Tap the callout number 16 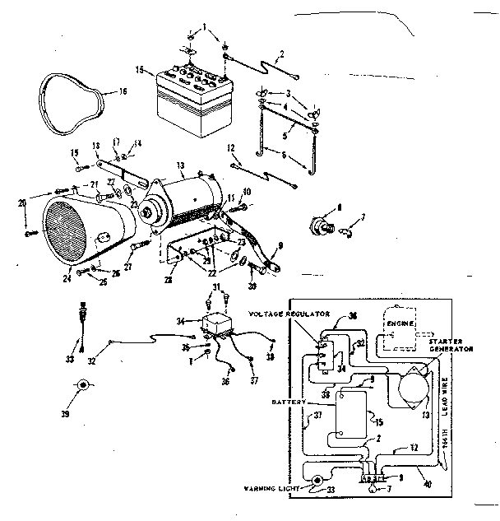123,91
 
